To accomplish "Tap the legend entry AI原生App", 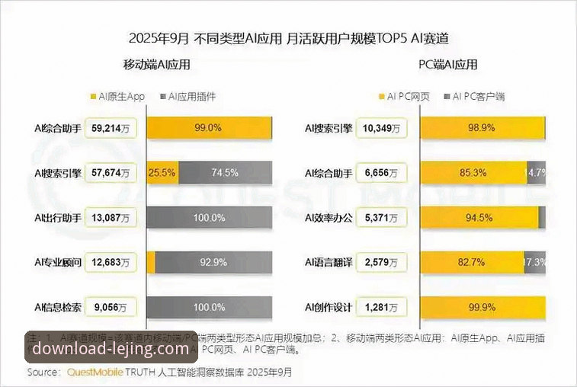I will (x=120, y=97).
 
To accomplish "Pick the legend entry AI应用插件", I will (x=188, y=97).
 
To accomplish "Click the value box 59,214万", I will (x=111, y=128).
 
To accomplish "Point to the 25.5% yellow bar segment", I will (x=162, y=173).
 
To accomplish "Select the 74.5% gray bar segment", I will (x=224, y=173).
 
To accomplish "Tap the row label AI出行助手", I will (x=57, y=218).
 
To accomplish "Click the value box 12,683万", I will (x=111, y=263).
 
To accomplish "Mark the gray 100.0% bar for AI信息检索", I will (x=210, y=307).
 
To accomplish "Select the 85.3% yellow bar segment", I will (x=473, y=173).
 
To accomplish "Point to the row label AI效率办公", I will (x=329, y=218).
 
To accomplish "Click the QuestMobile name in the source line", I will (x=95, y=373).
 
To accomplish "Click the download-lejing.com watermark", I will (x=104, y=350).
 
